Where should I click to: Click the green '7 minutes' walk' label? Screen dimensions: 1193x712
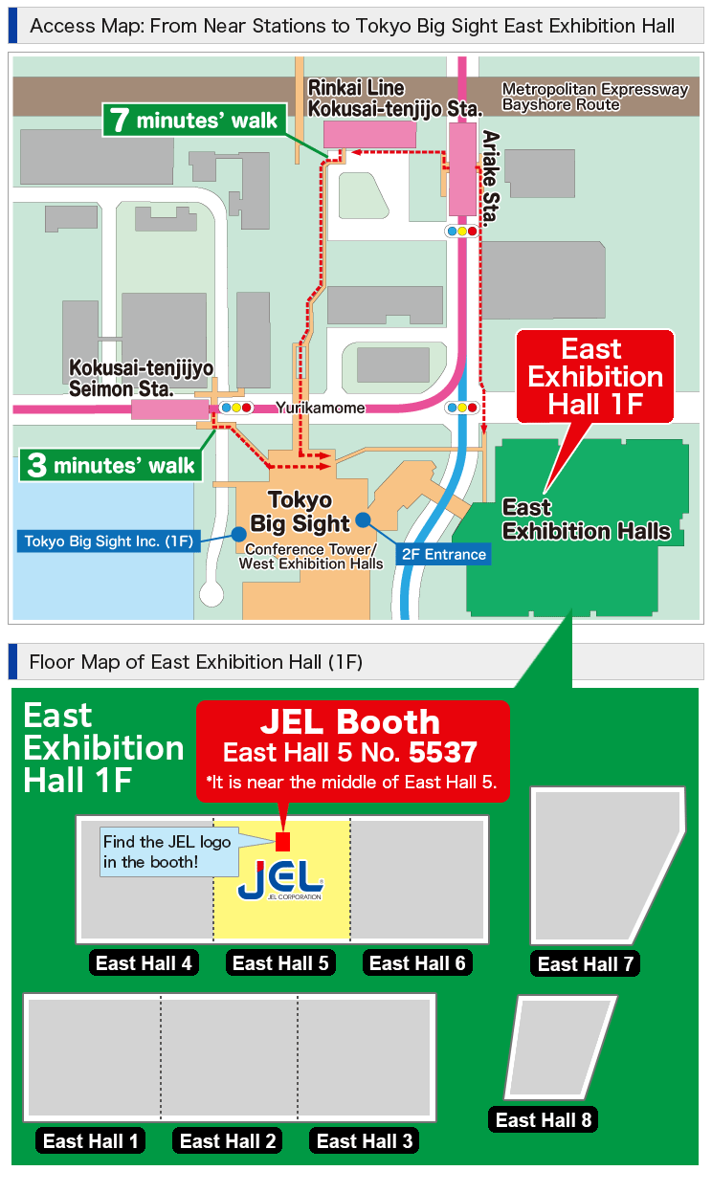click(x=194, y=120)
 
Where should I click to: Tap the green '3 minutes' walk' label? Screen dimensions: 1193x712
click(x=112, y=466)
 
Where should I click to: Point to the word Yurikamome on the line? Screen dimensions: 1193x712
click(x=321, y=408)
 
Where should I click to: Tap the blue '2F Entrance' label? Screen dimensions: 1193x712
click(x=443, y=554)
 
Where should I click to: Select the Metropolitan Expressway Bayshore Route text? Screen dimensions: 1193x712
click(x=594, y=97)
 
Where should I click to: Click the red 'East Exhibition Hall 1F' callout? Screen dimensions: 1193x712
click(x=595, y=376)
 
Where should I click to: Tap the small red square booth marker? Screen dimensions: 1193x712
click(x=282, y=842)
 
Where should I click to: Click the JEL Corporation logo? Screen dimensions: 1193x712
click(x=281, y=880)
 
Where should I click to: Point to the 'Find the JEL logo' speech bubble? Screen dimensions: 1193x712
click(x=167, y=851)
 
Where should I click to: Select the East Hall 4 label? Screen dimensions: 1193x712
click(x=144, y=962)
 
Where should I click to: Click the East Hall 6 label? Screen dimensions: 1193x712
click(x=417, y=962)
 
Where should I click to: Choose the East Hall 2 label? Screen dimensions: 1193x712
click(x=228, y=1140)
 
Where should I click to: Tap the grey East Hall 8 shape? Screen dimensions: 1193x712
click(x=558, y=1048)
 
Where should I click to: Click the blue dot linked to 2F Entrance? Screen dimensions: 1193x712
click(x=364, y=519)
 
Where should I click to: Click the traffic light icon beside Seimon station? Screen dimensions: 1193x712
click(x=235, y=408)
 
